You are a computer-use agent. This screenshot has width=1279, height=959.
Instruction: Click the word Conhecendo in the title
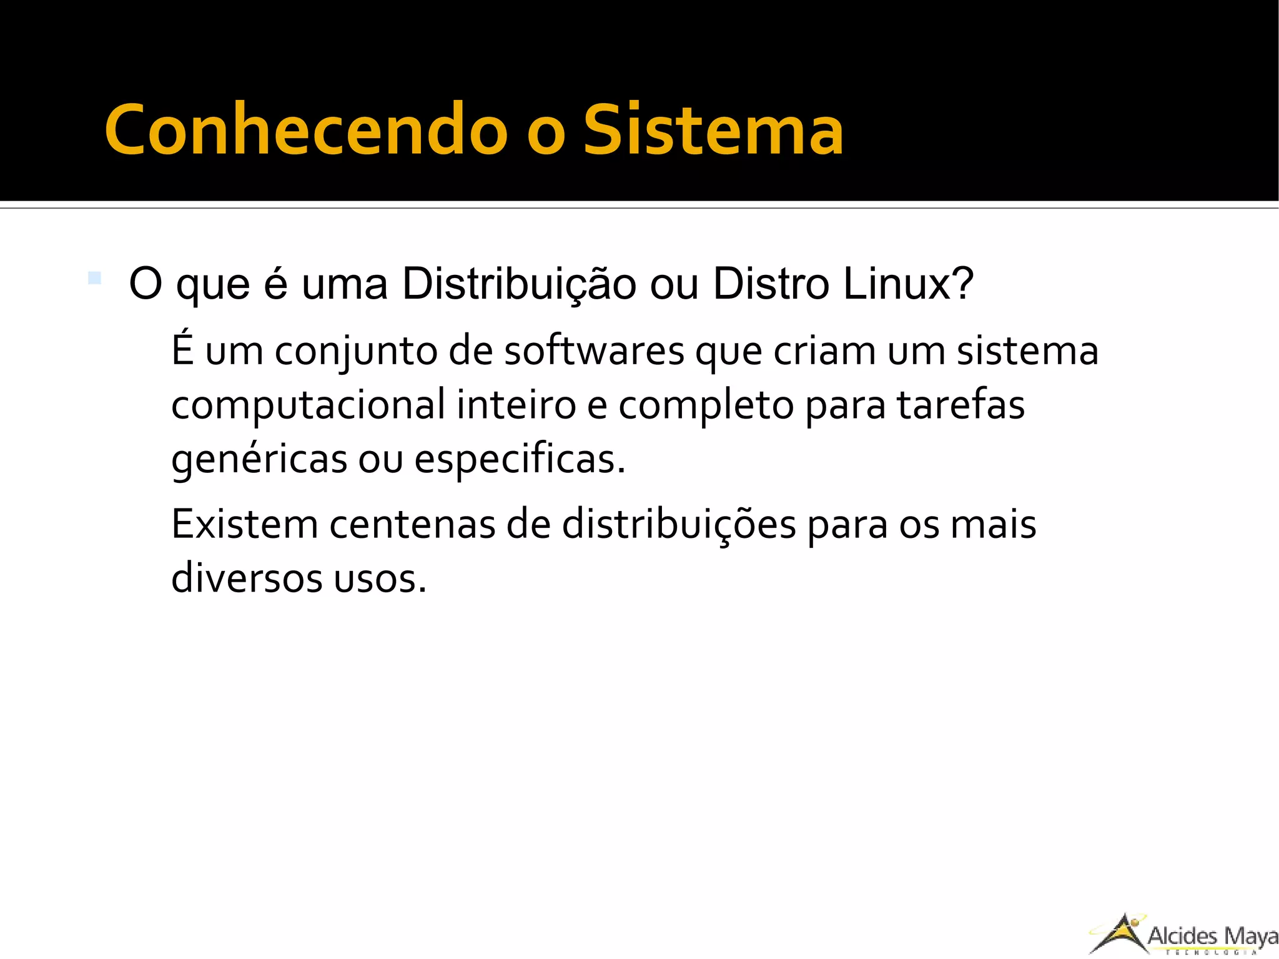click(305, 129)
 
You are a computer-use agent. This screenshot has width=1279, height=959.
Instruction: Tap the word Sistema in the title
click(713, 129)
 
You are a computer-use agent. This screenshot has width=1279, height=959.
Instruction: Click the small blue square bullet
click(94, 277)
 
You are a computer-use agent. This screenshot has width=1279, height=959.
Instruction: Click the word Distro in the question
click(771, 285)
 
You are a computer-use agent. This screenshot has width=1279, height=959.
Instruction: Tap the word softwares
click(594, 351)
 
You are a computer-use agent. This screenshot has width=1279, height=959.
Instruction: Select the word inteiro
click(516, 405)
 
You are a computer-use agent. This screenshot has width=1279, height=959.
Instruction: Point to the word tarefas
click(960, 405)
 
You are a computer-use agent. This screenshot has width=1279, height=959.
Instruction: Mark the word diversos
click(247, 579)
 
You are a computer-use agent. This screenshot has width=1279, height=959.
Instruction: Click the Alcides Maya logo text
click(1212, 936)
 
